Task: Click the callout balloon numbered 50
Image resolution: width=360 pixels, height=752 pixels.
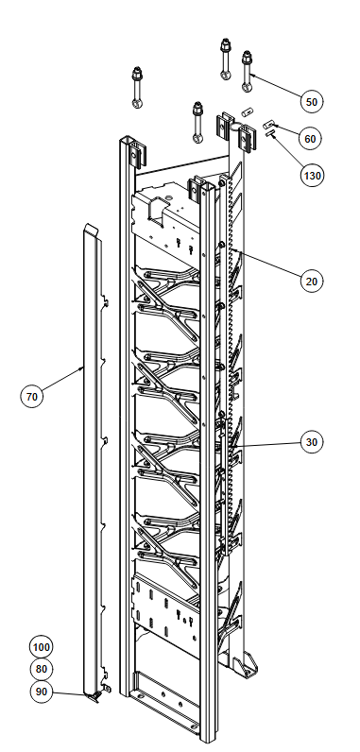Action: point(312,102)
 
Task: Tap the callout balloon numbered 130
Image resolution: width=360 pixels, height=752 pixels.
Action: point(312,176)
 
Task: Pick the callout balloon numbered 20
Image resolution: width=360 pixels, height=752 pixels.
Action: point(312,281)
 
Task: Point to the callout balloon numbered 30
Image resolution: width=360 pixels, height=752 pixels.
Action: point(312,442)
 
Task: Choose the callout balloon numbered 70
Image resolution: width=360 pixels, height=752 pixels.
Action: point(31,397)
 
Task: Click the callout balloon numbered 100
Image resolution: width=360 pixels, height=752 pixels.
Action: point(42,647)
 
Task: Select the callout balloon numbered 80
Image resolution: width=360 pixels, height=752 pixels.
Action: point(42,669)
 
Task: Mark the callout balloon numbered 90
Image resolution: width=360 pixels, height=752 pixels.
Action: point(42,692)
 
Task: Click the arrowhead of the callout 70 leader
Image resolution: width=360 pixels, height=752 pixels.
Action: point(82,368)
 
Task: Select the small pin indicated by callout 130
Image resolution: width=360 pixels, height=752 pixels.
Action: point(270,134)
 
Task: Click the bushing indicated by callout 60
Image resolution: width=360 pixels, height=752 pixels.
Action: point(267,125)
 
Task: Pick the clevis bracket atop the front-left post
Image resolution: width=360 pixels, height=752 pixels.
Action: point(138,154)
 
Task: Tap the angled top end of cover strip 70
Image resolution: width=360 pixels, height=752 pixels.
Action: point(91,230)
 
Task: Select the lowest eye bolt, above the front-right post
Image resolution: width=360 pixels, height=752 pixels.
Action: point(197,122)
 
